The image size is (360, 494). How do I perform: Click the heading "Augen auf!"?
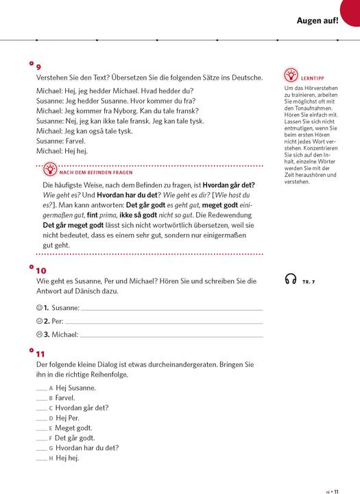317,21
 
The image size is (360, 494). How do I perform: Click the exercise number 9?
38,67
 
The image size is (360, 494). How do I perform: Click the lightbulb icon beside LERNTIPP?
290,75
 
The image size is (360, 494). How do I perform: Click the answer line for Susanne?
171,309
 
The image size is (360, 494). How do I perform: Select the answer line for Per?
165,322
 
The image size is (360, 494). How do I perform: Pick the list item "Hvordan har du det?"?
87,447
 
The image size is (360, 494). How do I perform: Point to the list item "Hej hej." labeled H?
67,458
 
